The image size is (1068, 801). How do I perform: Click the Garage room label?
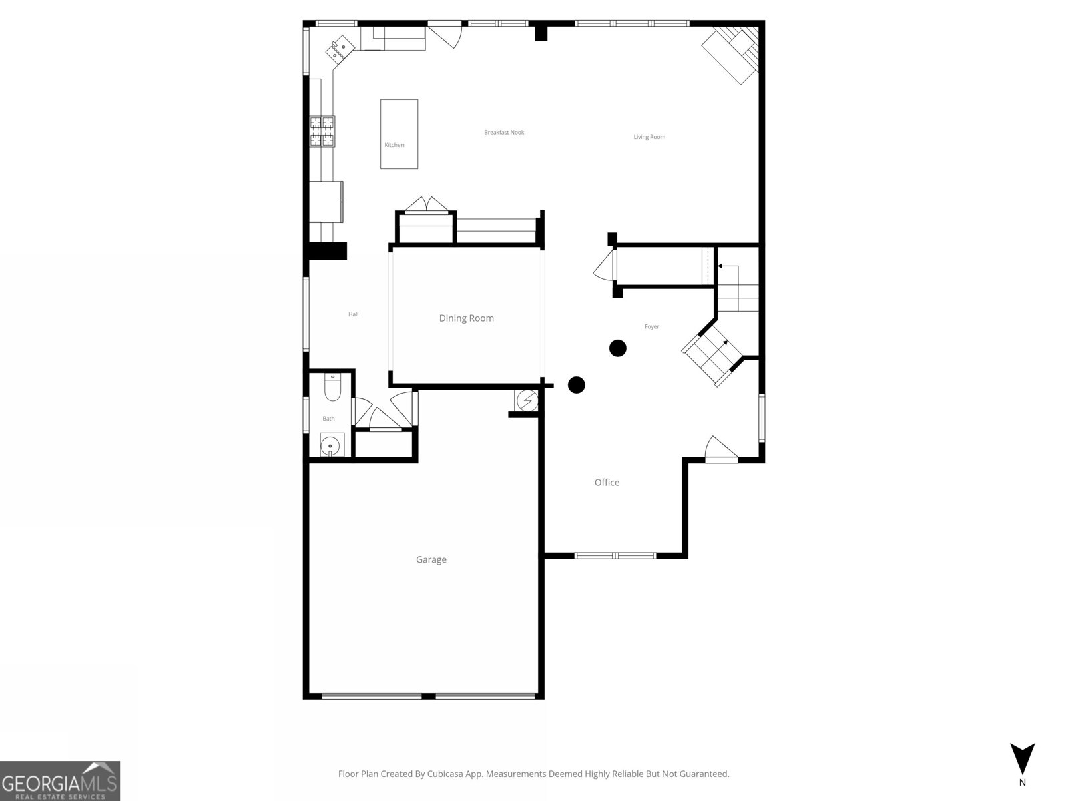pyautogui.click(x=431, y=559)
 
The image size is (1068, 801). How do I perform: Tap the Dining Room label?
pyautogui.click(x=466, y=318)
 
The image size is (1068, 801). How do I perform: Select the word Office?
pyautogui.click(x=607, y=482)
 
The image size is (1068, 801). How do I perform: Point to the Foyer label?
pyautogui.click(x=651, y=326)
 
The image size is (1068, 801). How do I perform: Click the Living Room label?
pyautogui.click(x=649, y=137)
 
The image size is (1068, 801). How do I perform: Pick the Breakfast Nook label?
pyautogui.click(x=504, y=133)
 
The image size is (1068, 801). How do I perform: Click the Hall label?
pyautogui.click(x=353, y=314)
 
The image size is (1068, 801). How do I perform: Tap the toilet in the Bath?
pyautogui.click(x=332, y=388)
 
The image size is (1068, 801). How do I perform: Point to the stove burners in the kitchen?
pyautogui.click(x=322, y=131)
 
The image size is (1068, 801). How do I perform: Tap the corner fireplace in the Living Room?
pyautogui.click(x=731, y=54)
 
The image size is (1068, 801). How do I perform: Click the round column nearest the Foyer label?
pyautogui.click(x=618, y=348)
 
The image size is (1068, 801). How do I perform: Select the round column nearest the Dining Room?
pyautogui.click(x=576, y=385)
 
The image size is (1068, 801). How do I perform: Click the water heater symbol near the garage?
pyautogui.click(x=527, y=400)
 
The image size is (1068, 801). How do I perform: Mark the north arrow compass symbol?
pyautogui.click(x=1021, y=759)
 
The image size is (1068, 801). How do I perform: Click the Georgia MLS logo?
pyautogui.click(x=60, y=780)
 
